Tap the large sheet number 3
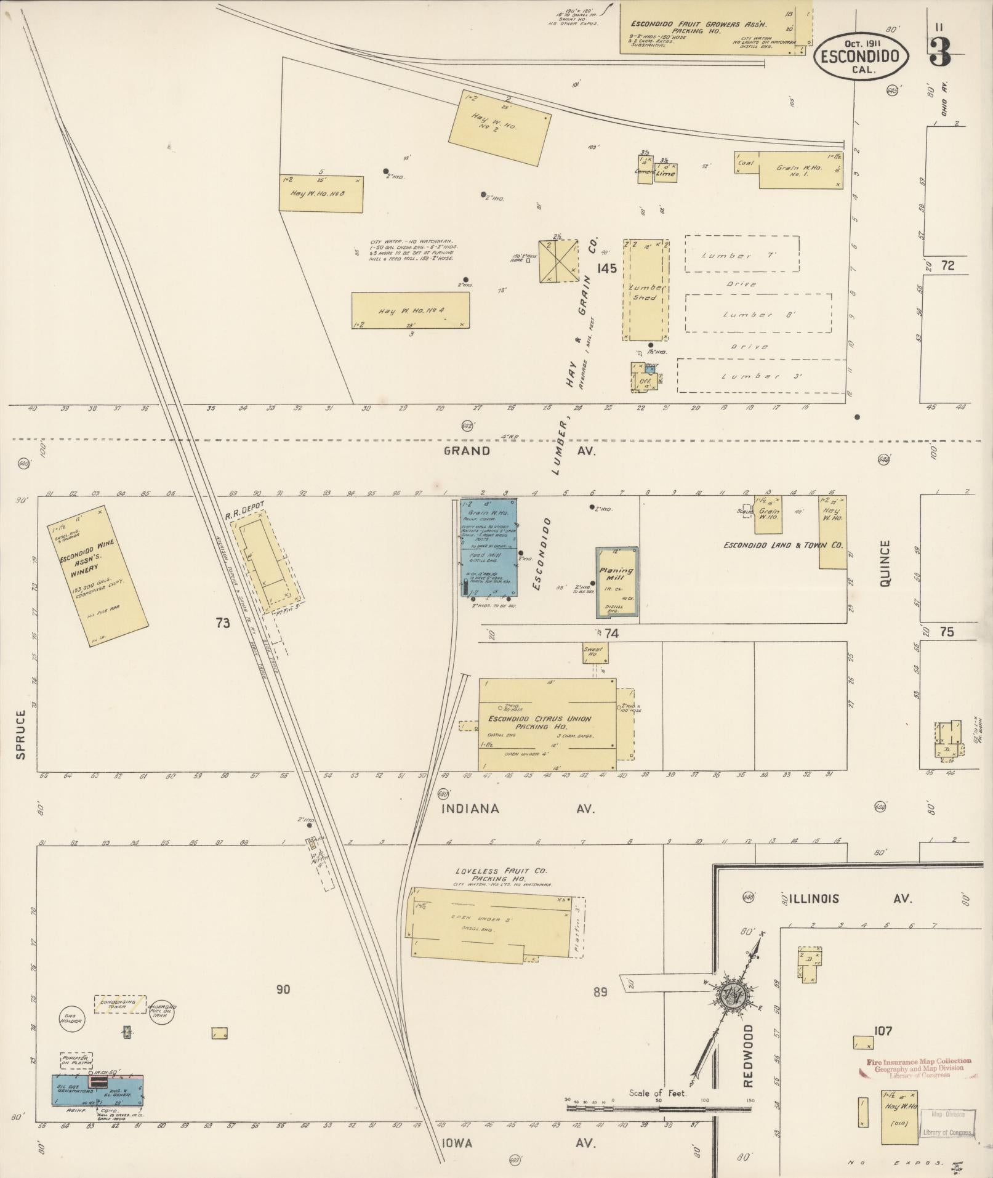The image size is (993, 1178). pos(939,52)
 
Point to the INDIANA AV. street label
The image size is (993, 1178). pos(518,809)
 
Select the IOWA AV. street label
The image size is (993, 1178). pos(518,1143)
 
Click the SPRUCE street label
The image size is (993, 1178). pos(20,734)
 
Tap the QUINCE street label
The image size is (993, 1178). pos(885,563)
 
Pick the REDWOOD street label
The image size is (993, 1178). pos(748,1055)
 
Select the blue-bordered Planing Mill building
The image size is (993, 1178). pos(616,583)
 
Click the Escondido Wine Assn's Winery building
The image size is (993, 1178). pos(98,568)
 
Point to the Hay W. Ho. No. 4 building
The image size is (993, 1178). pos(411,311)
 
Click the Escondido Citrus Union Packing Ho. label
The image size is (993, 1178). pos(539,722)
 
